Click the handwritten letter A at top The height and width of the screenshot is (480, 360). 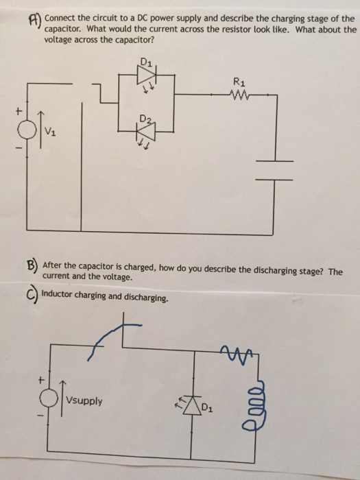point(32,21)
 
